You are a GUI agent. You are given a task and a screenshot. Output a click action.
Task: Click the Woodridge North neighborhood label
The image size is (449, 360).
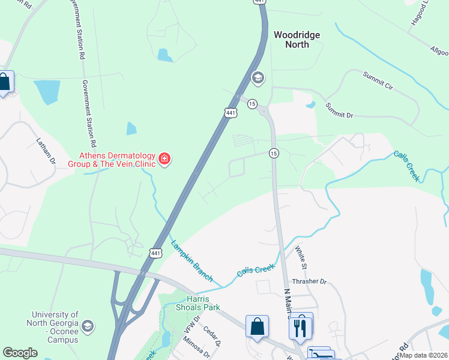pyautogui.click(x=297, y=40)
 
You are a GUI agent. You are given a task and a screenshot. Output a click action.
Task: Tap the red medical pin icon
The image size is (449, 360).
pyautogui.click(x=164, y=159)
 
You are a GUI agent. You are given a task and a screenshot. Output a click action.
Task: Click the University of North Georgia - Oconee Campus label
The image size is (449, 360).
pyautogui.click(x=55, y=327)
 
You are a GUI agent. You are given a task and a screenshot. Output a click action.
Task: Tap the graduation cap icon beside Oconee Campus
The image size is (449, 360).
pyautogui.click(x=88, y=326)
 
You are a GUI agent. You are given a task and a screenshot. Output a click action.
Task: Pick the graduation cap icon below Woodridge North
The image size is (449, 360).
pyautogui.click(x=258, y=77)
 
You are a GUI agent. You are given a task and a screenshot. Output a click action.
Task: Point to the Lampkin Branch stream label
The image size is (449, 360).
pyautogui.click(x=192, y=260)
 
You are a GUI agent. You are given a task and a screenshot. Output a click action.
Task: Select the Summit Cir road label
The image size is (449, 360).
pyautogui.click(x=377, y=82)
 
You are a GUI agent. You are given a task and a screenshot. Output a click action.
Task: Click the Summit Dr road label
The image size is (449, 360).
pyautogui.click(x=340, y=109)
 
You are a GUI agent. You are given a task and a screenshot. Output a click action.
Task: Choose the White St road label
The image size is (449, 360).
pyautogui.click(x=301, y=257)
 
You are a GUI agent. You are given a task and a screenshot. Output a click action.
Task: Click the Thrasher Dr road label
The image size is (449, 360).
pyautogui.click(x=309, y=281)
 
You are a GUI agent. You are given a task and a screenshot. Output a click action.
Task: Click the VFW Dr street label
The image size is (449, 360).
pyautogui.click(x=191, y=326)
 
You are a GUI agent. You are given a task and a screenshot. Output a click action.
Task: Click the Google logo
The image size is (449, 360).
pyautogui.click(x=20, y=353)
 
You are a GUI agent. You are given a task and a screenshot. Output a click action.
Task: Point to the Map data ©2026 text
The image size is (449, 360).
pyautogui.click(x=424, y=355)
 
